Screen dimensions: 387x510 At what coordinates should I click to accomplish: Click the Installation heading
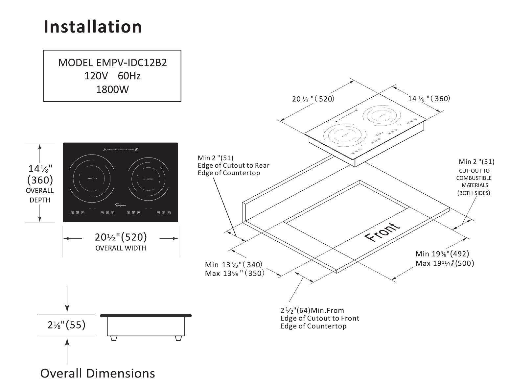(x=93, y=27)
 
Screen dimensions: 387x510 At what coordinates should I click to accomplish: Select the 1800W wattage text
(x=112, y=89)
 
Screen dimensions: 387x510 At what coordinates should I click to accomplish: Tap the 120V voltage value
(x=96, y=76)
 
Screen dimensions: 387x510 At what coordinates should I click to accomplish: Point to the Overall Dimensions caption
(x=98, y=373)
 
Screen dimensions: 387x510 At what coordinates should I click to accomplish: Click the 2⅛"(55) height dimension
(x=66, y=325)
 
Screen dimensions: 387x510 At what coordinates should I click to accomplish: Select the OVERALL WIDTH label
(x=121, y=248)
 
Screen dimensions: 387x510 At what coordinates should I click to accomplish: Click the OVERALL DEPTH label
(x=40, y=195)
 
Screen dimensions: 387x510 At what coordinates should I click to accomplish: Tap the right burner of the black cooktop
(x=148, y=179)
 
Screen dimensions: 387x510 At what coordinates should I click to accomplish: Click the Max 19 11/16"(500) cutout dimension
(x=445, y=263)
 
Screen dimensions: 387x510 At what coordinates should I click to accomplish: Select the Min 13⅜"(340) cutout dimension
(x=233, y=265)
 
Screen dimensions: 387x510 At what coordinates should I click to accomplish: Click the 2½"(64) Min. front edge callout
(x=312, y=310)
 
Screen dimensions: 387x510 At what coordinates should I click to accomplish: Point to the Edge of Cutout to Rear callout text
(x=233, y=165)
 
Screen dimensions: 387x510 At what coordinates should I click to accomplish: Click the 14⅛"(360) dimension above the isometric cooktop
(x=429, y=98)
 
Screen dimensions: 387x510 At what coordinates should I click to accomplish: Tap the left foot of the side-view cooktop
(x=114, y=338)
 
